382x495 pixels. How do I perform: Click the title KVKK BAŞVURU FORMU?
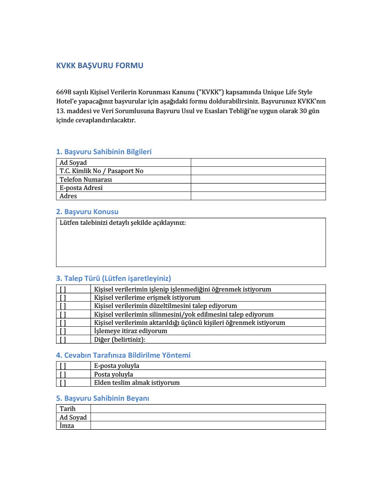(x=99, y=66)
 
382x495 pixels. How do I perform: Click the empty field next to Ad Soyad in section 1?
(x=258, y=163)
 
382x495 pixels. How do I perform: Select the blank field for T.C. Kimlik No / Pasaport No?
(x=258, y=171)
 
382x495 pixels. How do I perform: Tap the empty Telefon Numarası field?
(x=258, y=179)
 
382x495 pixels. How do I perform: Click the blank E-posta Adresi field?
(x=258, y=188)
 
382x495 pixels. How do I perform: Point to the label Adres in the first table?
(x=68, y=196)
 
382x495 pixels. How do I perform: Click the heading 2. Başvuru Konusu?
(x=87, y=212)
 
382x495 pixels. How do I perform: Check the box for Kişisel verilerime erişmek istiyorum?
(x=63, y=298)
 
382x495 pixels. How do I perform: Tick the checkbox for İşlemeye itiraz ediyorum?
(x=63, y=331)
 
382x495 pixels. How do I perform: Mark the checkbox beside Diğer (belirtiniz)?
(x=63, y=339)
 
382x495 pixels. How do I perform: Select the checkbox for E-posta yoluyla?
(x=63, y=366)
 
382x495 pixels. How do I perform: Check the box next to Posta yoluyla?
(x=63, y=374)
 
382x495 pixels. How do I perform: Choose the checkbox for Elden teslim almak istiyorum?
(x=63, y=382)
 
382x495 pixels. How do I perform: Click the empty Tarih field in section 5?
(x=208, y=409)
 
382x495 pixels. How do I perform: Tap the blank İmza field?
(x=208, y=426)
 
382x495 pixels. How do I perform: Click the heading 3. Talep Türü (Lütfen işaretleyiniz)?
(x=113, y=278)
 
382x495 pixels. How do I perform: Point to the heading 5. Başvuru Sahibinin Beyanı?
(x=102, y=398)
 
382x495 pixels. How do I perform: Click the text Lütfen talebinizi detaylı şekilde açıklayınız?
(x=122, y=223)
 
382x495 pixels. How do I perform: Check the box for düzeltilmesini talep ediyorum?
(x=63, y=306)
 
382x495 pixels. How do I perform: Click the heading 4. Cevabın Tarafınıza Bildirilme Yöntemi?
(x=123, y=355)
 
